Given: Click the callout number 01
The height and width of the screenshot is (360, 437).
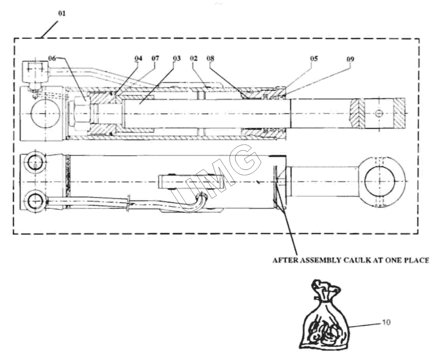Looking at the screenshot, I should [x=61, y=13].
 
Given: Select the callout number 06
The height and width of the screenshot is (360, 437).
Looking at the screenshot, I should [x=52, y=58].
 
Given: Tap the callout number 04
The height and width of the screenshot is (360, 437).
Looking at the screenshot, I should [x=139, y=58].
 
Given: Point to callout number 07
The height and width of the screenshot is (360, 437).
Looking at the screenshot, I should [x=155, y=58].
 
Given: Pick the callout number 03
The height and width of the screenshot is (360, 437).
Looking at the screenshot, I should [x=176, y=58].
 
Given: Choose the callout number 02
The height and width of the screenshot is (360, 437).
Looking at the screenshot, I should [x=193, y=58].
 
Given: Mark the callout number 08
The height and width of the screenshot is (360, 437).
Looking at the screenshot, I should [x=210, y=58].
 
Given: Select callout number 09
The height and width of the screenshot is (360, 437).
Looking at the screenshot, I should [x=350, y=59].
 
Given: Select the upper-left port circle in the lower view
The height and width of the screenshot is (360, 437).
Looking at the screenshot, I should [x=35, y=163].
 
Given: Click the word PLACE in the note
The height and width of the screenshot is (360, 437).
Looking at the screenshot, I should [x=416, y=260].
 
